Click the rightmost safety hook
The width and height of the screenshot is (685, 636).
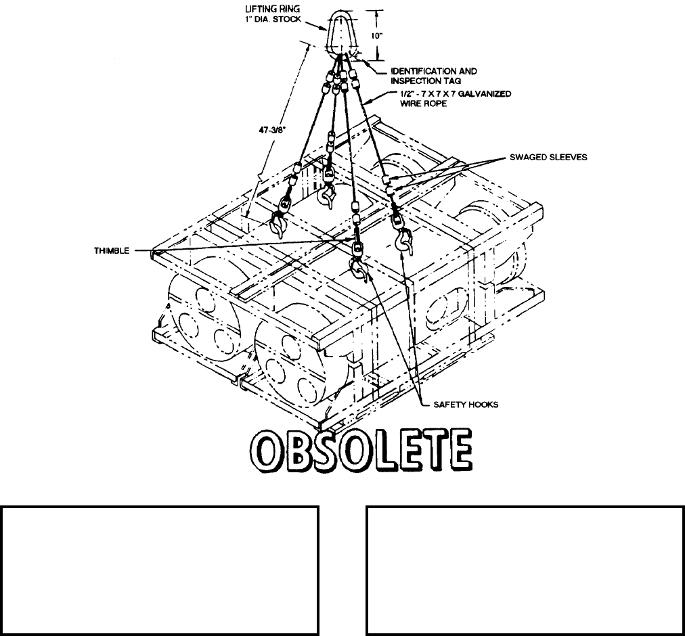click(405, 240)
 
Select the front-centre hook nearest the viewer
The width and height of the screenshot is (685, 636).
click(357, 269)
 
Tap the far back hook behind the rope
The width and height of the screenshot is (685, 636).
click(329, 197)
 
